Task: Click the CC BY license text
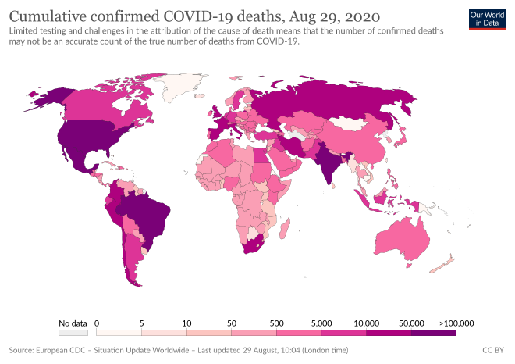tap(494, 351)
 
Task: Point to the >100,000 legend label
tap(456, 322)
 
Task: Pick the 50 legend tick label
tap(231, 322)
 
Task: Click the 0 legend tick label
tap(97, 322)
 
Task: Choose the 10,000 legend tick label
tap(366, 322)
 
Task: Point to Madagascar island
tap(286, 230)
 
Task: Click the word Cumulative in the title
tap(48, 16)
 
